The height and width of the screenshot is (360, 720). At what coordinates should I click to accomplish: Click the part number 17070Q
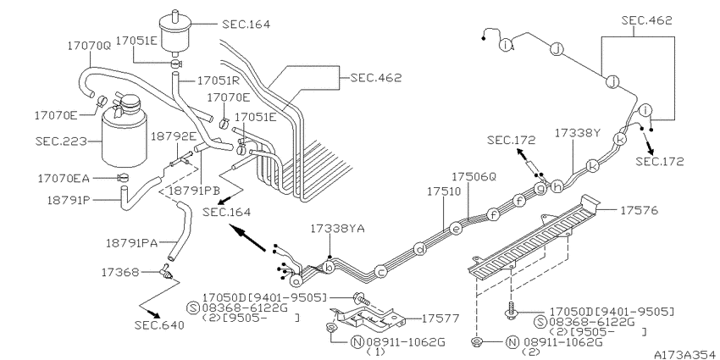(89, 46)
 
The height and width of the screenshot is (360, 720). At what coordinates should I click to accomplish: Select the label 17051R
(219, 80)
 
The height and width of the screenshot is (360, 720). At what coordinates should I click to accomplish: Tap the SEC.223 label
(61, 141)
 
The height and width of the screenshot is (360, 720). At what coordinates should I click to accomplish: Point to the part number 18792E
(174, 136)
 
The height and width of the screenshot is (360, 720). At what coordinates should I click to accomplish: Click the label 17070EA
(64, 178)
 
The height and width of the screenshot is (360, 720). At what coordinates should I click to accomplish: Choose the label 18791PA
(132, 243)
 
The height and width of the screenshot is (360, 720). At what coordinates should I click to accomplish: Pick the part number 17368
(119, 272)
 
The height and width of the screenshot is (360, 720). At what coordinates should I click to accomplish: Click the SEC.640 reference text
(159, 325)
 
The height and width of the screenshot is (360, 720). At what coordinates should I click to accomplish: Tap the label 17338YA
(338, 228)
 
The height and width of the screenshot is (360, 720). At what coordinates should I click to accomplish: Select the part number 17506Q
(474, 177)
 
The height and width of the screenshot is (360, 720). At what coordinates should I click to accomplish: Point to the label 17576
(640, 210)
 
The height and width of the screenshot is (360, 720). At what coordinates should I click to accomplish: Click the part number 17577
(440, 318)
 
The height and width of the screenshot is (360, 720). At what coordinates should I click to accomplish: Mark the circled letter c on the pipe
(380, 272)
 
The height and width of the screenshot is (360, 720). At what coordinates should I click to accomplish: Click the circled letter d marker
(420, 249)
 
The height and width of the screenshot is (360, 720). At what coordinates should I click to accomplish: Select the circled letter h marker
(557, 186)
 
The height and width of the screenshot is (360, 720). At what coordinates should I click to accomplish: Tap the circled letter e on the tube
(456, 228)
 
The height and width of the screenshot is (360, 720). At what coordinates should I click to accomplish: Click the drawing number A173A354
(686, 354)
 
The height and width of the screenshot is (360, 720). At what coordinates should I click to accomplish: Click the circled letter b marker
(329, 267)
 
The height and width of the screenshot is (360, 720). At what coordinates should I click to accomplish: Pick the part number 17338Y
(577, 133)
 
